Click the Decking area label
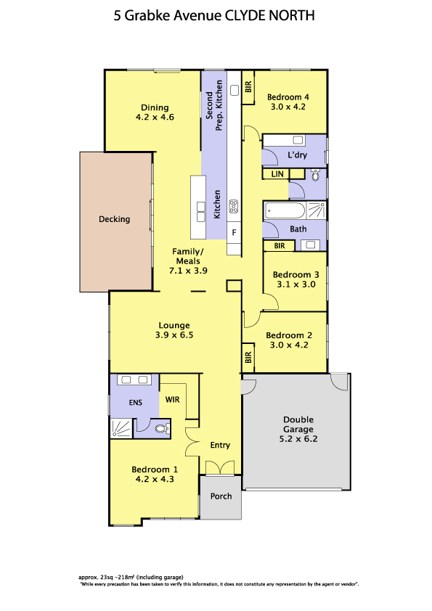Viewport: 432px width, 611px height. pyautogui.click(x=114, y=219)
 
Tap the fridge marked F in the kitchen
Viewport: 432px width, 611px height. pyautogui.click(x=234, y=233)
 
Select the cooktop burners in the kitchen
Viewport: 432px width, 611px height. pyautogui.click(x=234, y=207)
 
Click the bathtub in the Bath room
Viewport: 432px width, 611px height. pyautogui.click(x=285, y=211)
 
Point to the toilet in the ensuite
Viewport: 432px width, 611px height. pyautogui.click(x=161, y=429)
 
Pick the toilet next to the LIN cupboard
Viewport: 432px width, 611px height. pyautogui.click(x=315, y=176)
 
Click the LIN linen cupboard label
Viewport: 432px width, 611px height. pyautogui.click(x=277, y=173)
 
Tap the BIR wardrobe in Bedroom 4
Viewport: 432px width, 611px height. pyautogui.click(x=248, y=87)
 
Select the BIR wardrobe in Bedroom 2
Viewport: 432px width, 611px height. pyautogui.click(x=248, y=357)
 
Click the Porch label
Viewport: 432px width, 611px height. pyautogui.click(x=221, y=496)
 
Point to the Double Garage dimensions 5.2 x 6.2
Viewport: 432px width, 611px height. pyautogui.click(x=298, y=439)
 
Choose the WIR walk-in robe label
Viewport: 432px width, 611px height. pyautogui.click(x=172, y=399)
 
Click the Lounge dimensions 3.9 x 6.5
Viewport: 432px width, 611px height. pyautogui.click(x=174, y=335)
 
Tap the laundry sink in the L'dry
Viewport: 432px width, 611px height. pyautogui.click(x=298, y=140)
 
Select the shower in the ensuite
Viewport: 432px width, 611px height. pyautogui.click(x=122, y=428)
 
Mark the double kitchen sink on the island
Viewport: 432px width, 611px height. pyautogui.click(x=201, y=212)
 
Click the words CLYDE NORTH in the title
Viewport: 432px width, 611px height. pyautogui.click(x=270, y=15)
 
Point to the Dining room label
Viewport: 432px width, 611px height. pyautogui.click(x=155, y=107)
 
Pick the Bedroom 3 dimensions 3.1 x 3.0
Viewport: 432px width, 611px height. pyautogui.click(x=296, y=284)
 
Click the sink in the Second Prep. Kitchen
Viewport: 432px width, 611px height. pyautogui.click(x=235, y=91)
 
